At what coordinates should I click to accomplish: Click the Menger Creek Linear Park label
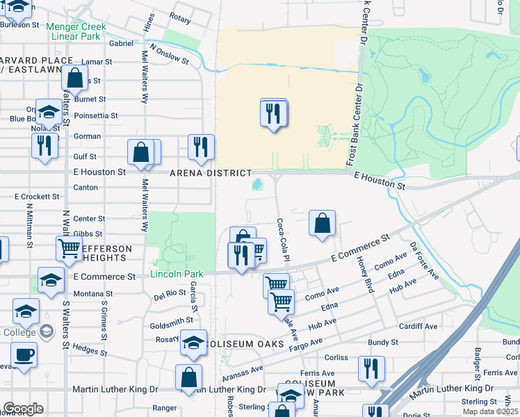(76, 31)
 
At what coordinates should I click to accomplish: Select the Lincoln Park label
(177, 274)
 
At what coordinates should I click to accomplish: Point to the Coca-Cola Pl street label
(283, 240)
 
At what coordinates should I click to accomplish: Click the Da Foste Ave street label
(423, 261)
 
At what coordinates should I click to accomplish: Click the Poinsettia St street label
(95, 115)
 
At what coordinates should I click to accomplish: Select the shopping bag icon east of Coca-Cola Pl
(322, 224)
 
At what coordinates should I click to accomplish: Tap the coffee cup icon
(24, 354)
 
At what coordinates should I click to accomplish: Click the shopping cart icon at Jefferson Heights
(69, 248)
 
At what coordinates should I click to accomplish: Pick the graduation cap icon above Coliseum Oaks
(193, 343)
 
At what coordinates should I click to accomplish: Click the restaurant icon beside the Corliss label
(371, 368)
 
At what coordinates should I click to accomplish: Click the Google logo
(24, 409)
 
